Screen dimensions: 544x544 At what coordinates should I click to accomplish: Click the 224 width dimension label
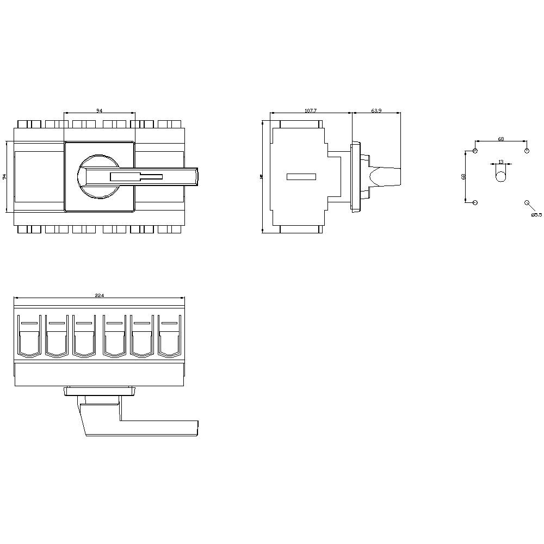[99, 295]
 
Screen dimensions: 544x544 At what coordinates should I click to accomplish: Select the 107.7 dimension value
[310, 110]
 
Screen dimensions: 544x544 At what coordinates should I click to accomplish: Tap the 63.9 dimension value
[376, 110]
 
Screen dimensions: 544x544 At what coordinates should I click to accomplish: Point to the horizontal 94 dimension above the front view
[99, 110]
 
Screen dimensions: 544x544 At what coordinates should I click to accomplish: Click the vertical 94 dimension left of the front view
[4, 176]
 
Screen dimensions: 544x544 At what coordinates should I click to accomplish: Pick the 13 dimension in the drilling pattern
[501, 162]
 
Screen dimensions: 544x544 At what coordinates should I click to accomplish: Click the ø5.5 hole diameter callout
[536, 215]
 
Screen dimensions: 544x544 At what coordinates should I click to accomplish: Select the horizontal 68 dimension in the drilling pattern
[500, 139]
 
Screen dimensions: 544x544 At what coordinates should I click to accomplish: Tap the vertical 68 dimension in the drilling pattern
[463, 176]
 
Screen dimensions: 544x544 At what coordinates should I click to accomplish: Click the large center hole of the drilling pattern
[501, 176]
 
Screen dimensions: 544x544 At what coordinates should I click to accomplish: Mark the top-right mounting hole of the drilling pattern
[527, 151]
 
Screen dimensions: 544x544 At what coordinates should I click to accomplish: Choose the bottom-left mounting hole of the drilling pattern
[475, 202]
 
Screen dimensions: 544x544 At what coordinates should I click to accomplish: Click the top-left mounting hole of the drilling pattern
[475, 151]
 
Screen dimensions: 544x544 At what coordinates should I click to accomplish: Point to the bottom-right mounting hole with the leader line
[527, 202]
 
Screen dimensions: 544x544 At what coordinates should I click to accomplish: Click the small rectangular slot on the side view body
[301, 176]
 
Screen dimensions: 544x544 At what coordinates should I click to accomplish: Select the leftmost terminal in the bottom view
[28, 337]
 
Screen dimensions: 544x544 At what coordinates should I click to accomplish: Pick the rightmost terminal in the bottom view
[170, 337]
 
